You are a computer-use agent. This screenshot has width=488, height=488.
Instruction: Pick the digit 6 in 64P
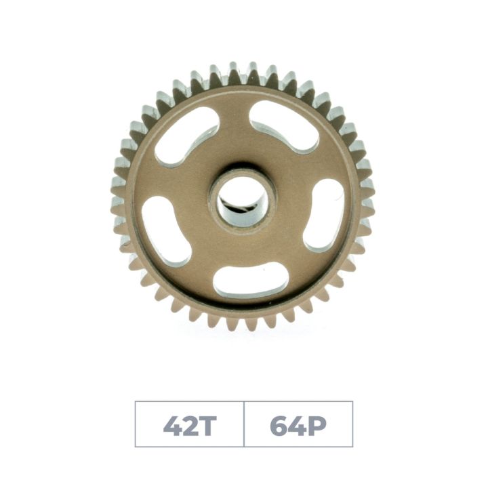[279, 425]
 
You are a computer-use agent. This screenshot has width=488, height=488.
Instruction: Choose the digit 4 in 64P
[299, 425]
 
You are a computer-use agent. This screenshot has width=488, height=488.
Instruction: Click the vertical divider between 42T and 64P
[244, 424]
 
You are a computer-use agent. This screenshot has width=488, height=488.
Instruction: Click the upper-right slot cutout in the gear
[284, 126]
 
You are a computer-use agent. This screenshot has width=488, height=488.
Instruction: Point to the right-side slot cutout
[323, 214]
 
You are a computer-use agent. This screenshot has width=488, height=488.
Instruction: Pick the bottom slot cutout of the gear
[249, 279]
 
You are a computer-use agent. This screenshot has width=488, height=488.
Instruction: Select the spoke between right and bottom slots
[298, 261]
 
